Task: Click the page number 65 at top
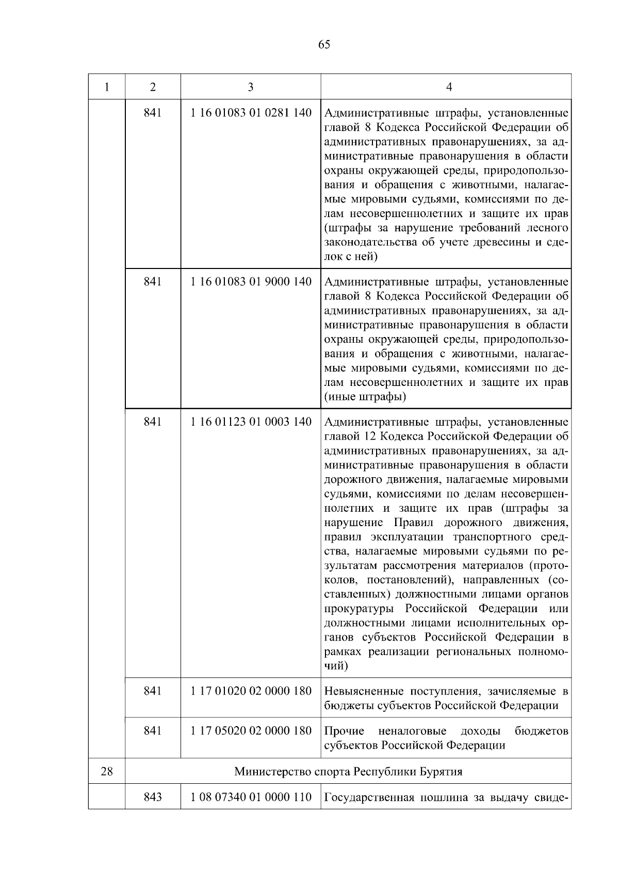coord(324,45)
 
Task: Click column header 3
coord(250,87)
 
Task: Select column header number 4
coord(449,87)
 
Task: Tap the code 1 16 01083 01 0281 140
coord(251,112)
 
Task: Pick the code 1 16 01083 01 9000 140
coord(251,281)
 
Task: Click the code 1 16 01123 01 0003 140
coord(251,422)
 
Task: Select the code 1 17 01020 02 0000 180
coord(251,691)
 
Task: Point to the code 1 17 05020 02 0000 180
coord(251,731)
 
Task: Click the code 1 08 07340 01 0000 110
coord(251,797)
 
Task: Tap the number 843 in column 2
coord(153,797)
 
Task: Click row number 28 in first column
coord(107,771)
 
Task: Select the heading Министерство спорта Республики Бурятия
coord(348,771)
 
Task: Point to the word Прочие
coord(344,731)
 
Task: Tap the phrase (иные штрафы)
coord(365,397)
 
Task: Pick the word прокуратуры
coord(360,608)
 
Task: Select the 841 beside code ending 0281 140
coord(153,112)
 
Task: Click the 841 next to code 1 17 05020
coord(153,731)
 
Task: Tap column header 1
coord(107,87)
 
